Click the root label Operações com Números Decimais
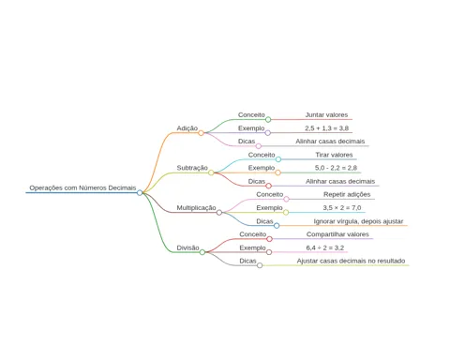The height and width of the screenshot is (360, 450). [x=82, y=187]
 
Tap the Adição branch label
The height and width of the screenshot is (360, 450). [x=187, y=128]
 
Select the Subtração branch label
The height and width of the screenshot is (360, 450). [x=192, y=168]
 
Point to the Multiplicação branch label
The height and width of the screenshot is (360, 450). [x=196, y=208]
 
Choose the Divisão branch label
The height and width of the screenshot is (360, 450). [x=187, y=247]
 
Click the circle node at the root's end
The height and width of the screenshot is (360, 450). [x=140, y=193]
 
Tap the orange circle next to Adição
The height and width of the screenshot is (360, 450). [x=201, y=133]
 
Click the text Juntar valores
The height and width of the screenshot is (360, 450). [x=326, y=114]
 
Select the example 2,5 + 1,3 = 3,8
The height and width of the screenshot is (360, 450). [x=327, y=128]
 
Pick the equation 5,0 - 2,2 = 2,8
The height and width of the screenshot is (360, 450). [x=336, y=168]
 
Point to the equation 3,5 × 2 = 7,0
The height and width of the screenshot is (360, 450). [x=342, y=208]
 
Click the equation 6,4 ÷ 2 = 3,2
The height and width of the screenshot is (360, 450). [x=325, y=247]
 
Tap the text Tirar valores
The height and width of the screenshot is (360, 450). [x=334, y=155]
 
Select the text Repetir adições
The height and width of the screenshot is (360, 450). [x=347, y=194]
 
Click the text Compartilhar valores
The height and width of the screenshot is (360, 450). [x=337, y=234]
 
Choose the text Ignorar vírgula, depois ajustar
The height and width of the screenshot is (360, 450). [x=358, y=221]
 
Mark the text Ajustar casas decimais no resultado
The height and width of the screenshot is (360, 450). [x=351, y=261]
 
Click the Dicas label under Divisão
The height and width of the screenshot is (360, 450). [x=247, y=261]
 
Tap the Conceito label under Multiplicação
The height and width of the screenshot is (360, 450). [x=270, y=194]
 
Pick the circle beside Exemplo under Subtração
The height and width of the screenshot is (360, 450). [x=277, y=172]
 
